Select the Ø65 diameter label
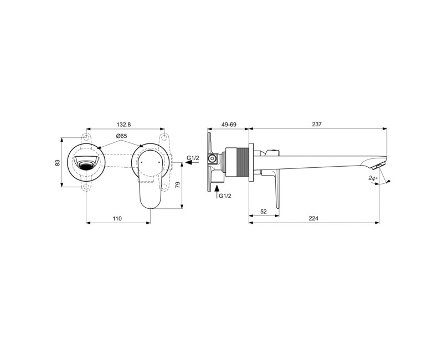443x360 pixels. (x=122, y=136)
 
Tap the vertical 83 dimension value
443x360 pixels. (x=58, y=162)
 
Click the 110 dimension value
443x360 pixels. (x=117, y=219)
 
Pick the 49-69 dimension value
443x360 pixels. (x=229, y=125)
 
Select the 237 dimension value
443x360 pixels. (x=317, y=125)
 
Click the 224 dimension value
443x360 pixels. (x=313, y=219)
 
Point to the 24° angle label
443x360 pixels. (x=373, y=178)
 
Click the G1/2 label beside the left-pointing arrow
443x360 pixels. (x=193, y=158)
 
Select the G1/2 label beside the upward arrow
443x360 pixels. (x=225, y=196)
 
